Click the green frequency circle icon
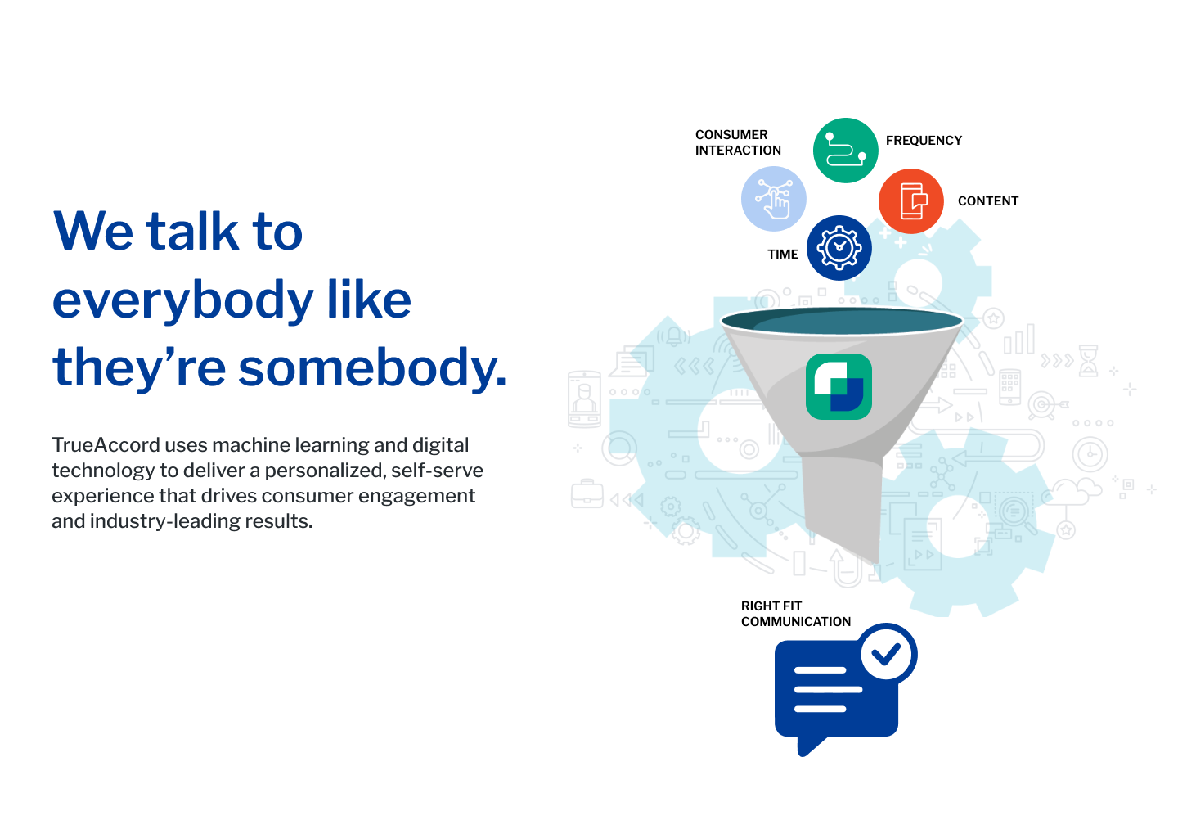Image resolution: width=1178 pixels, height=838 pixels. point(845,151)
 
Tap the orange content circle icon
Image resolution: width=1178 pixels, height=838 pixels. point(910,201)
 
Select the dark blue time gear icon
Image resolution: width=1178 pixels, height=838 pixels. point(839,248)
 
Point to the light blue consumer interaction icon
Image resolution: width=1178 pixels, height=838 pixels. point(774,199)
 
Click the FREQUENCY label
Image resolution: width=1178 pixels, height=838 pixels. point(924,141)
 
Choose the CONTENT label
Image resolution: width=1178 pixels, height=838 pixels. point(987,201)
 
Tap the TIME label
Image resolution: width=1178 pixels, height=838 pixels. point(783,254)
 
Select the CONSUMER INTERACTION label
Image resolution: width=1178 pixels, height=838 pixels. point(738,142)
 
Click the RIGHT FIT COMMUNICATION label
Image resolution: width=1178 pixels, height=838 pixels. point(795,614)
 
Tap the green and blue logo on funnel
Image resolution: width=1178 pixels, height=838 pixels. point(839,386)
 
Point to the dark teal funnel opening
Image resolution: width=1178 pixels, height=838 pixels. point(842,321)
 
